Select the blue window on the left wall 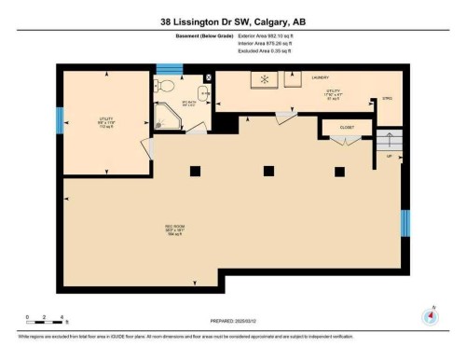[60, 119]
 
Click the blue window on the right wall [404, 223]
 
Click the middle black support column [268, 170]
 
